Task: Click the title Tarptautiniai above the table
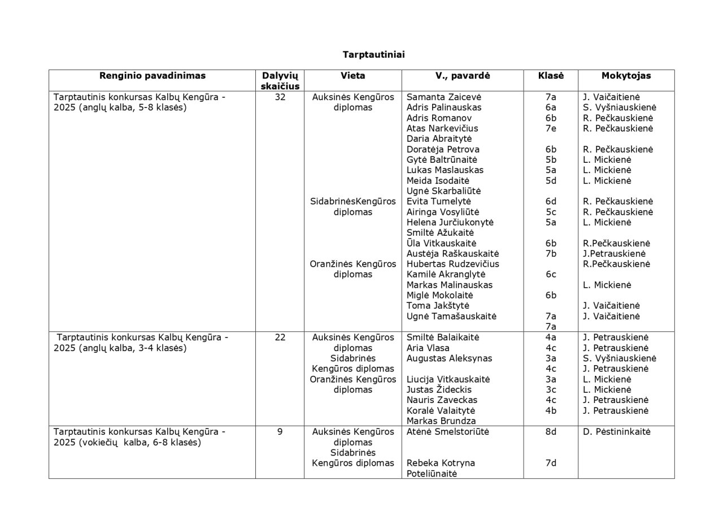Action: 373,55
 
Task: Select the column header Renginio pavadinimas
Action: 153,76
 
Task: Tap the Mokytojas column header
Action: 626,76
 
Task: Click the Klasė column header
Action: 551,76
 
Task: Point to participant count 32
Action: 280,97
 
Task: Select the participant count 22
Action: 280,337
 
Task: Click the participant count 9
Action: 280,432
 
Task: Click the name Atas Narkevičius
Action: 442,128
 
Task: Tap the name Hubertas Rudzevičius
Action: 453,264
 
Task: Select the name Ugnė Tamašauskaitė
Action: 452,317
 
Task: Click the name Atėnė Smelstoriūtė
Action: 448,432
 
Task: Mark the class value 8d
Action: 551,432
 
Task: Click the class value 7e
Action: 551,128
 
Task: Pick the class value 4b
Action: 551,411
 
